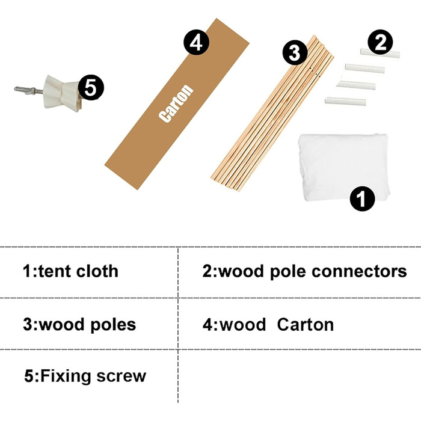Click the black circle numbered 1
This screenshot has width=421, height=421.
[x=362, y=198]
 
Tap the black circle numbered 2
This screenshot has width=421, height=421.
[x=380, y=42]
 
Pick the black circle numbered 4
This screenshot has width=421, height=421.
[x=196, y=43]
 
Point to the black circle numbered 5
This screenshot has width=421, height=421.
[x=91, y=88]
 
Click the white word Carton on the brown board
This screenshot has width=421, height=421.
[x=177, y=103]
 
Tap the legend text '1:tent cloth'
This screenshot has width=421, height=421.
[x=70, y=271]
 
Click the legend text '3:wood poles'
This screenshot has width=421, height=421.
[x=79, y=325]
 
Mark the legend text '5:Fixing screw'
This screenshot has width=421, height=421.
[x=85, y=377]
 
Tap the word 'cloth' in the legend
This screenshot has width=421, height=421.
[x=97, y=271]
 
